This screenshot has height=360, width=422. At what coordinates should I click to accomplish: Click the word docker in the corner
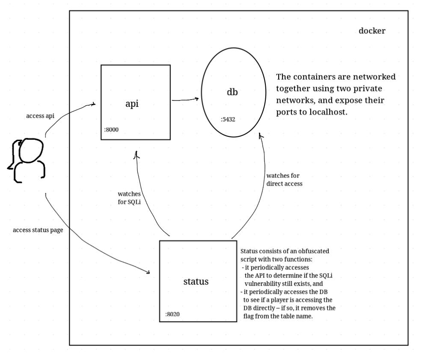click(371, 31)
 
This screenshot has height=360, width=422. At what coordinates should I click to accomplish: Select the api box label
click(132, 104)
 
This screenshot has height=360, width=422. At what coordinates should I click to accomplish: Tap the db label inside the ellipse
click(232, 92)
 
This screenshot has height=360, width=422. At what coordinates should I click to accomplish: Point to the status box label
click(196, 281)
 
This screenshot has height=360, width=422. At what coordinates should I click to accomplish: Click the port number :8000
click(111, 130)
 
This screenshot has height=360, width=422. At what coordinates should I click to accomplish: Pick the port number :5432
click(228, 119)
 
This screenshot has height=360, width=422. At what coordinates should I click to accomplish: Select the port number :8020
click(172, 314)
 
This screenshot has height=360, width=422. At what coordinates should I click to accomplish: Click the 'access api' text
click(40, 116)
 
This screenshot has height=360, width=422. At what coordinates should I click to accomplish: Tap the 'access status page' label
click(38, 230)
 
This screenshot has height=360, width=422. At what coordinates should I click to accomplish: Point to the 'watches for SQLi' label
click(129, 198)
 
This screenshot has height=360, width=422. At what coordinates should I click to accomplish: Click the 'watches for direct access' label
click(285, 180)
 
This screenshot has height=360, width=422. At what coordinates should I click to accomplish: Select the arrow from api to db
click(185, 100)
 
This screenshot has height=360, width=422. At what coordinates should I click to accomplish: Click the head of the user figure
click(31, 150)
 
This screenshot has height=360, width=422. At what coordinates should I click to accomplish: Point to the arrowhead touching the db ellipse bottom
click(260, 135)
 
